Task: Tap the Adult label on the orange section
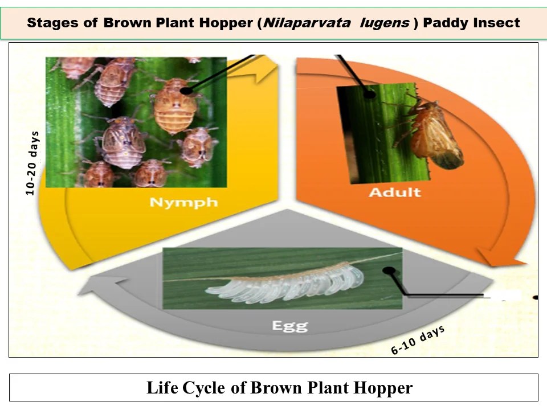394,192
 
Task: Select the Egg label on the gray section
289,326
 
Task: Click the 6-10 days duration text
418,341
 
